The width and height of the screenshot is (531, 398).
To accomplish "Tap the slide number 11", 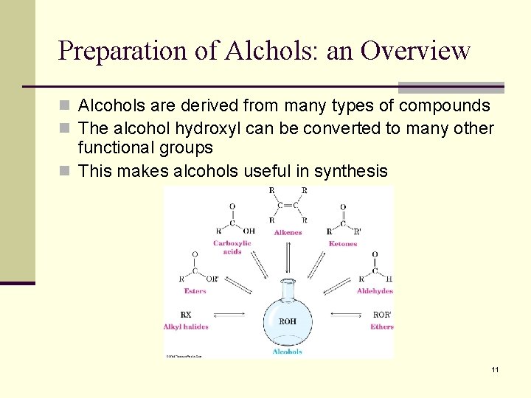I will click(495, 369).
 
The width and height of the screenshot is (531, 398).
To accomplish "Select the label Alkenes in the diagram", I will click(288, 233).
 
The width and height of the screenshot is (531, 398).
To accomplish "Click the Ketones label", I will click(342, 244).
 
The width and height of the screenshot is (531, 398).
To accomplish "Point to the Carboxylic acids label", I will click(232, 247).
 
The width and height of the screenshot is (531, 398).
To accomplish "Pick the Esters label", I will click(195, 291).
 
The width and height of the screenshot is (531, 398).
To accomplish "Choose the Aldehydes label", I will click(375, 291).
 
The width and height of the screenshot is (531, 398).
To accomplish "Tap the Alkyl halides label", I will click(186, 327).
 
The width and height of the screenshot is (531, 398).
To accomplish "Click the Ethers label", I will click(382, 327).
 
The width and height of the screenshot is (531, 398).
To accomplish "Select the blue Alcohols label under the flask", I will click(287, 352).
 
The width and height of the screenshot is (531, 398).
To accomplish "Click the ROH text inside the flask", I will click(288, 321).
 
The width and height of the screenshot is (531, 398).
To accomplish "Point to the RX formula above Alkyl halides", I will click(186, 315).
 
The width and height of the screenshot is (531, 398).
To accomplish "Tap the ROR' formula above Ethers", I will click(382, 315).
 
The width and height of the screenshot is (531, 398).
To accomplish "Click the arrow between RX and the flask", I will click(229, 315).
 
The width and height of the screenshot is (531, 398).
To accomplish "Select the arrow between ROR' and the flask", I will click(347, 315).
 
